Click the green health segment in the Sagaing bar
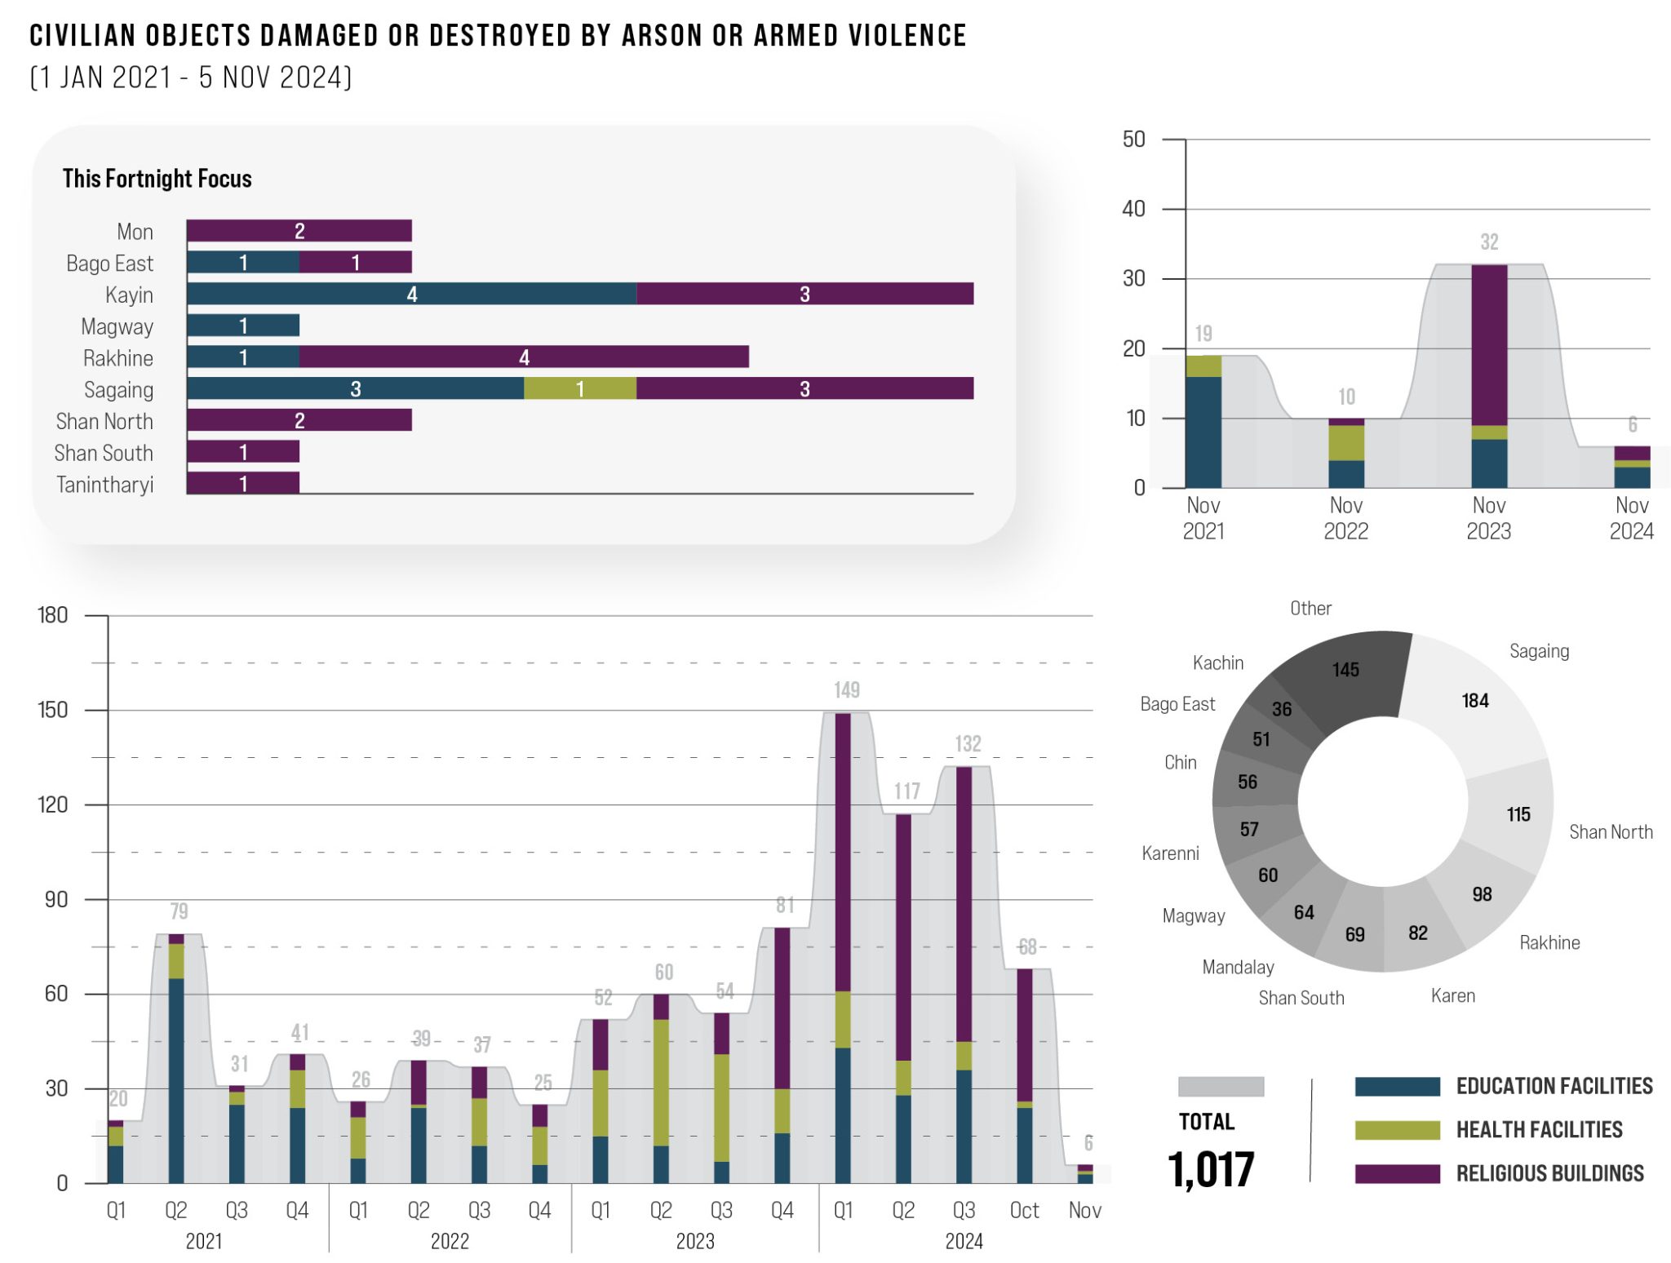pyautogui.click(x=580, y=388)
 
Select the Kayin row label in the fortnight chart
pyautogui.click(x=129, y=295)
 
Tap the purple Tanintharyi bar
pyautogui.click(x=243, y=484)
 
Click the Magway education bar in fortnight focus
pyautogui.click(x=243, y=326)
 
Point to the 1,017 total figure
pyautogui.click(x=1210, y=1170)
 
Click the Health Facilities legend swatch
pyautogui.click(x=1397, y=1130)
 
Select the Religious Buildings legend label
pyautogui.click(x=1549, y=1173)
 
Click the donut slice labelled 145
pyautogui.click(x=1345, y=670)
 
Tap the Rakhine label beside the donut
pyautogui.click(x=1549, y=943)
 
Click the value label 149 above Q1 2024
pyautogui.click(x=846, y=690)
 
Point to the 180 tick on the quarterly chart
pyautogui.click(x=53, y=615)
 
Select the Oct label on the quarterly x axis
pyautogui.click(x=1024, y=1211)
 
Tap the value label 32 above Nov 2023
pyautogui.click(x=1489, y=242)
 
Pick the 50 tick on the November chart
pyautogui.click(x=1133, y=140)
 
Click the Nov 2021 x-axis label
pyautogui.click(x=1203, y=518)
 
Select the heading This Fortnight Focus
pyautogui.click(x=157, y=179)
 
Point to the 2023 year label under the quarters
pyautogui.click(x=694, y=1242)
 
